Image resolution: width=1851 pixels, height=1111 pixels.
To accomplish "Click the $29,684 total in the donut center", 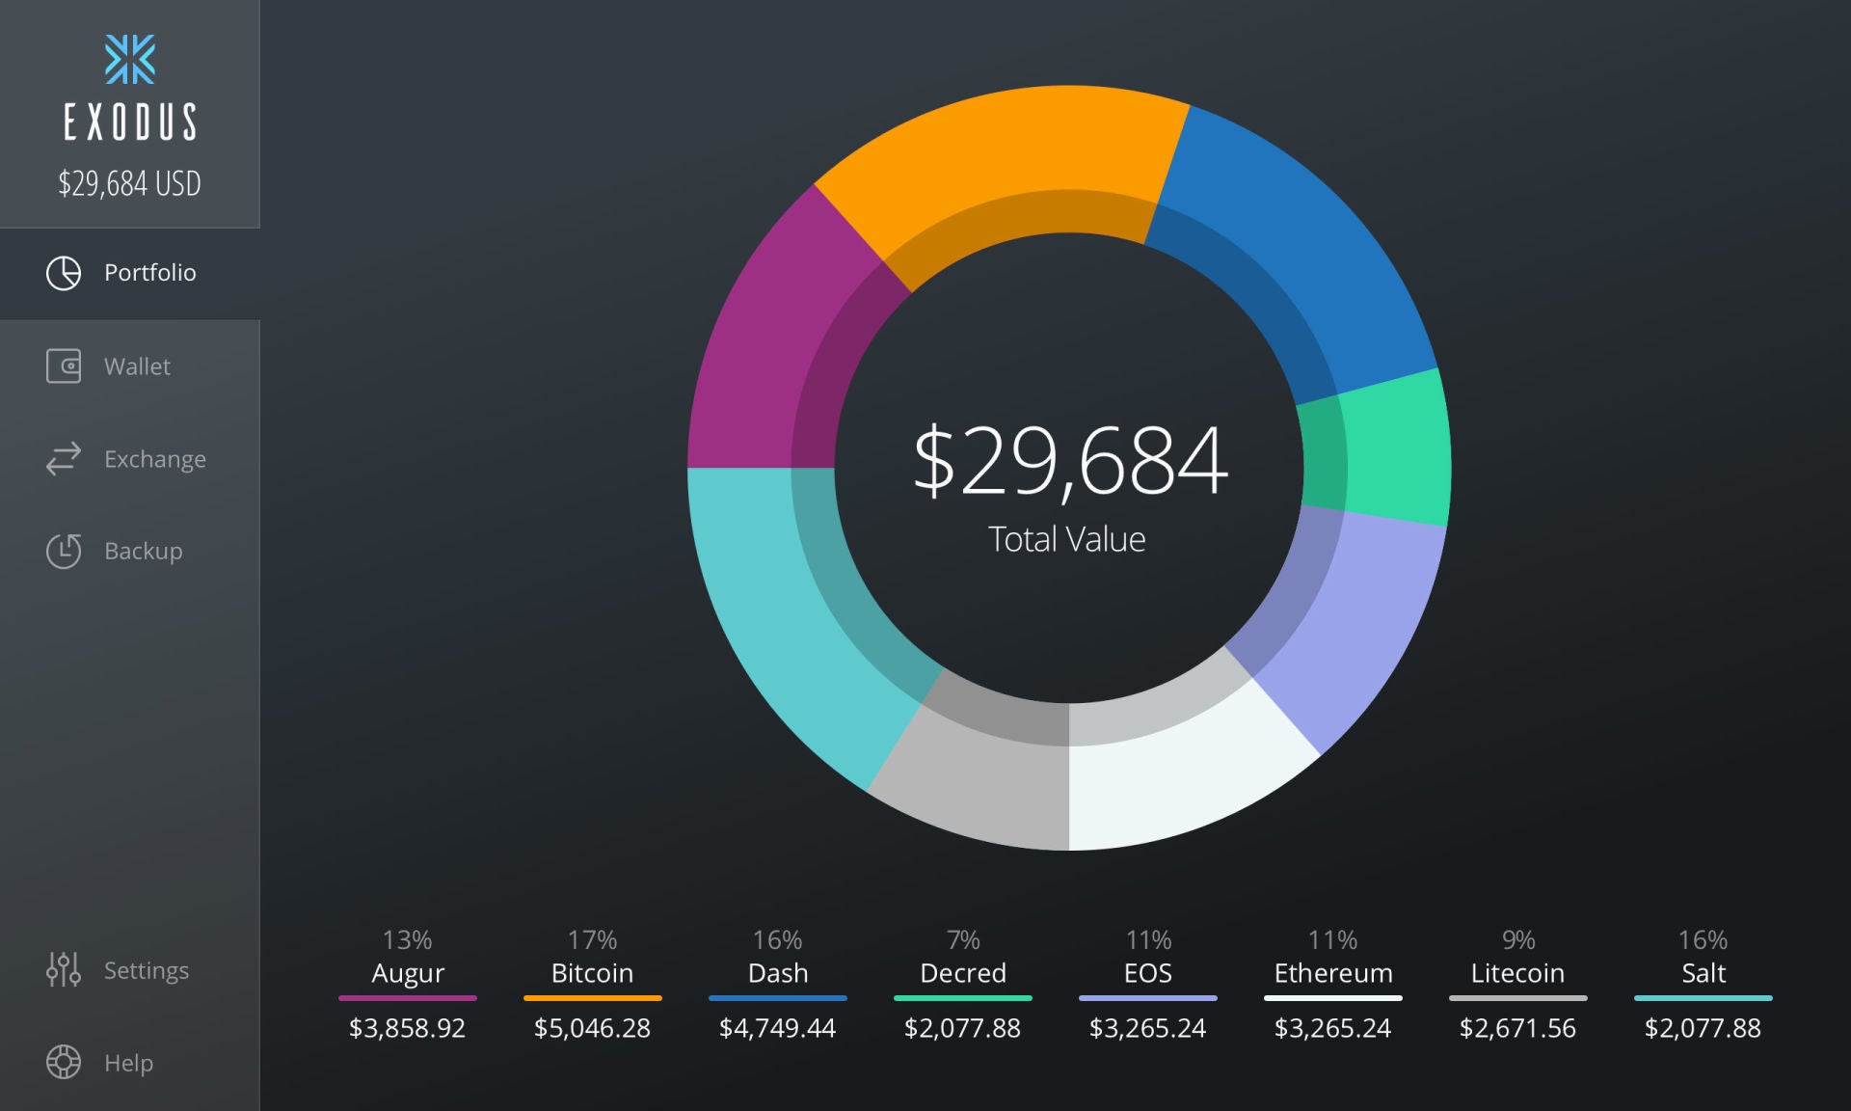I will pyautogui.click(x=1069, y=461).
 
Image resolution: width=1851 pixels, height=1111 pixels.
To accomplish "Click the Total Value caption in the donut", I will pyautogui.click(x=1067, y=539).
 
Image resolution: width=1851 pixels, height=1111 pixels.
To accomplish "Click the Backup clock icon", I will pyautogui.click(x=64, y=551).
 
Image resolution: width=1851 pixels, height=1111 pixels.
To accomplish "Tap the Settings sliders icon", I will pyautogui.click(x=64, y=969).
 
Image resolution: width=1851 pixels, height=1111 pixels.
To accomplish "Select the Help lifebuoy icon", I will pyautogui.click(x=64, y=1062).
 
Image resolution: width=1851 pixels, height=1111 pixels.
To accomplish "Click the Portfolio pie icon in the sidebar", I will pyautogui.click(x=64, y=273).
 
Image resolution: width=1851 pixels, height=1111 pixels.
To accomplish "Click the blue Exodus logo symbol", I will pyautogui.click(x=130, y=60).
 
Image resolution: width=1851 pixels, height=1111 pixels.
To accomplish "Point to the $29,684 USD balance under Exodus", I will pyautogui.click(x=129, y=183).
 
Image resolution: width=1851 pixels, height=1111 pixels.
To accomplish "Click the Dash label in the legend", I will pyautogui.click(x=778, y=973).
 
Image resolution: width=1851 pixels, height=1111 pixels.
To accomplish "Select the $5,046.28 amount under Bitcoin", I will pyautogui.click(x=592, y=1028).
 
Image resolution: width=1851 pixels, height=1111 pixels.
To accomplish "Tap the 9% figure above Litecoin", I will pyautogui.click(x=1518, y=939).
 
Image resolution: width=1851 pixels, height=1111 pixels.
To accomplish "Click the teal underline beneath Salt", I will pyautogui.click(x=1703, y=998).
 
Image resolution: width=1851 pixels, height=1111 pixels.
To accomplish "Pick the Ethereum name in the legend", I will pyautogui.click(x=1333, y=973).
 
